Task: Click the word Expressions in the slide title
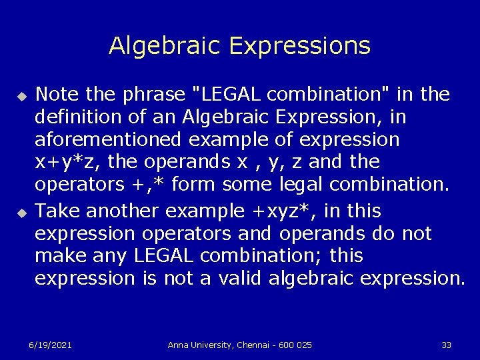[x=299, y=46]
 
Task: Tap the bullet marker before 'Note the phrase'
[x=21, y=97]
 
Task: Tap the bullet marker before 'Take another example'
[x=21, y=213]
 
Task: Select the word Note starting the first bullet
[x=56, y=95]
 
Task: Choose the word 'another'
[x=124, y=211]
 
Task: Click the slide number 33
[x=446, y=345]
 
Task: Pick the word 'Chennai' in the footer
[x=251, y=345]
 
